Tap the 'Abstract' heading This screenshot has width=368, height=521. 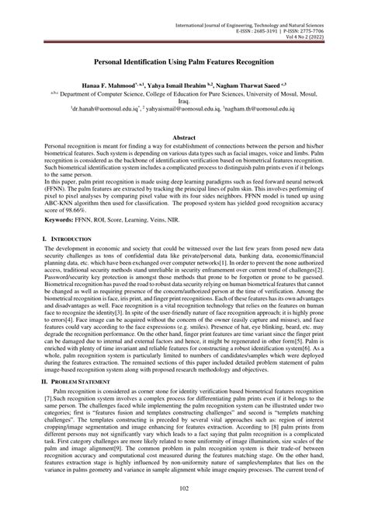coord(184,136)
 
